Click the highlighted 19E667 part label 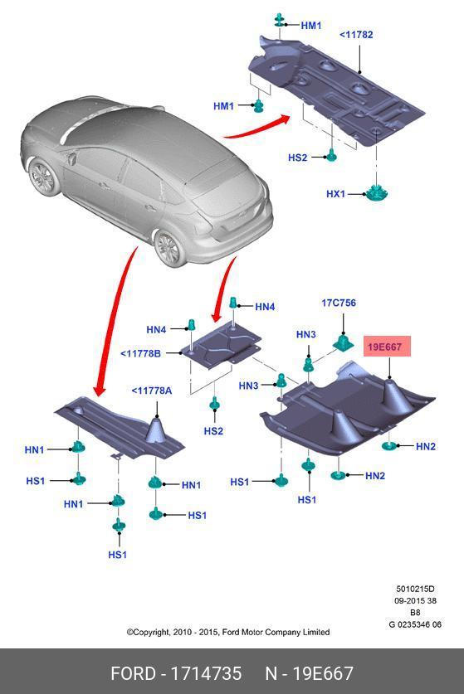point(387,346)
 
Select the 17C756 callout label point(339,303)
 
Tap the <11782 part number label point(356,35)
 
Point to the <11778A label point(152,391)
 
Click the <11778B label point(140,353)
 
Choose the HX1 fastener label point(335,194)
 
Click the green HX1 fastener point(377,193)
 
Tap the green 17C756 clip point(343,342)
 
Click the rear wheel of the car point(169,248)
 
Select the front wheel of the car point(44,178)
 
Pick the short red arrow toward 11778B point(224,290)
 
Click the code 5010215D point(415,589)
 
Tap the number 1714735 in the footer point(207,673)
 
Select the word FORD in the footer point(133,673)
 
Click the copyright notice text point(228,632)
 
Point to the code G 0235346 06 point(415,624)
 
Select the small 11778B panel point(220,343)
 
